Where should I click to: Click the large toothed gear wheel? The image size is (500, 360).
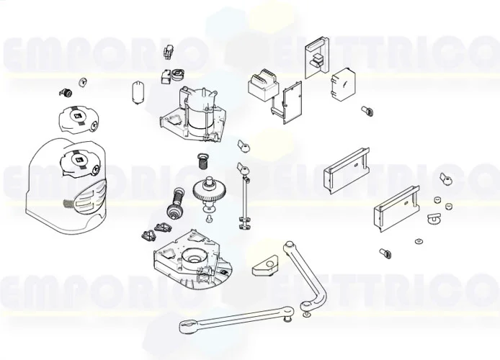pos(208,192)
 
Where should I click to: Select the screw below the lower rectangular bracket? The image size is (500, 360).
pos(384,253)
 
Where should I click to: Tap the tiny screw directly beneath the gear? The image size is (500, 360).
pos(208,217)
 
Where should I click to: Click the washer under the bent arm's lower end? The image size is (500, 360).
pos(308,315)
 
